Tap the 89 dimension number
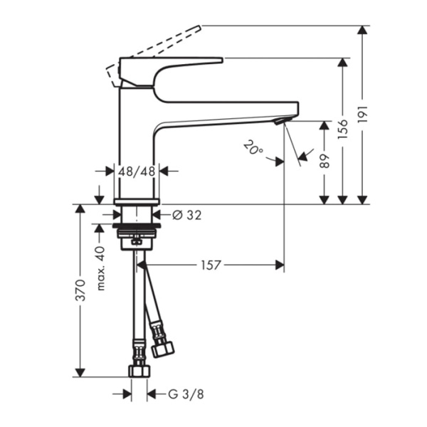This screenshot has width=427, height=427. pyautogui.click(x=324, y=161)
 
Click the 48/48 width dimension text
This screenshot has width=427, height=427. pyautogui.click(x=137, y=171)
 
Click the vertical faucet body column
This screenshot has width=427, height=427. pyautogui.click(x=137, y=142)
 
